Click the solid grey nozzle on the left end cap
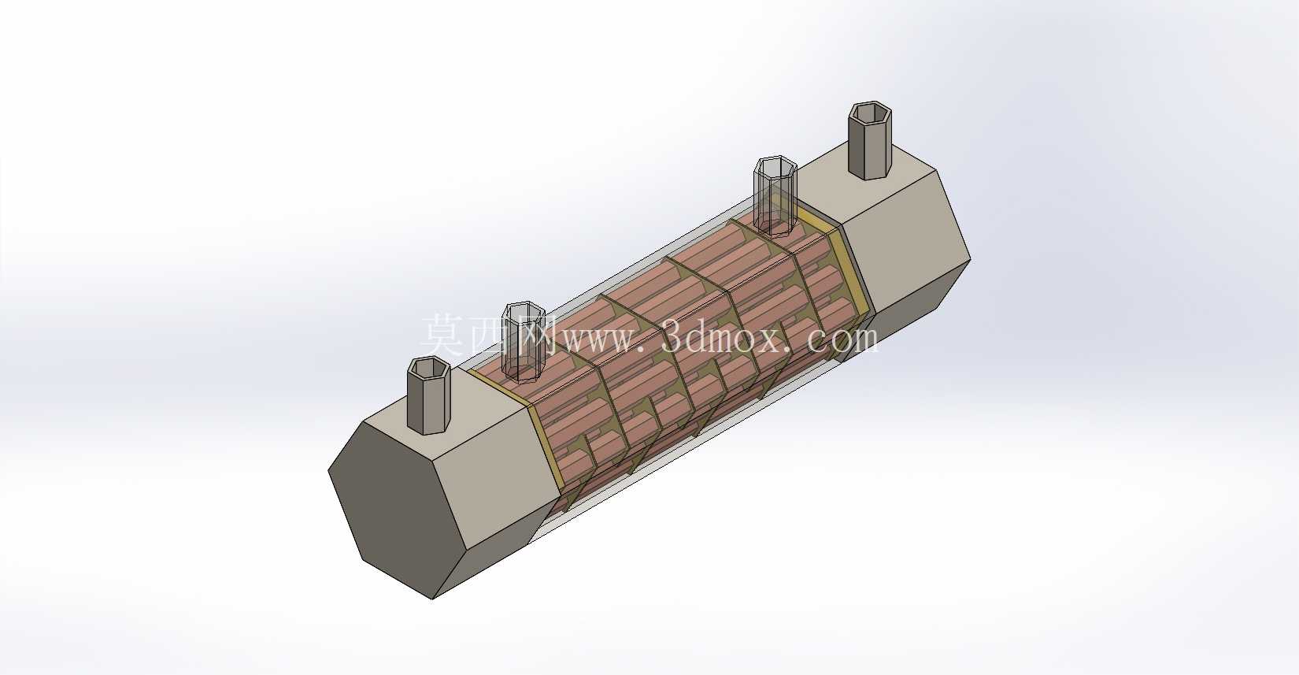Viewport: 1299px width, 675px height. [x=429, y=398]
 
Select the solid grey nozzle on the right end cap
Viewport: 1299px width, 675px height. [x=869, y=143]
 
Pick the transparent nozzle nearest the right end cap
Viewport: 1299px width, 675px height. [x=775, y=198]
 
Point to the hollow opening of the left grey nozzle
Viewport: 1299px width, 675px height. [x=429, y=368]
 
